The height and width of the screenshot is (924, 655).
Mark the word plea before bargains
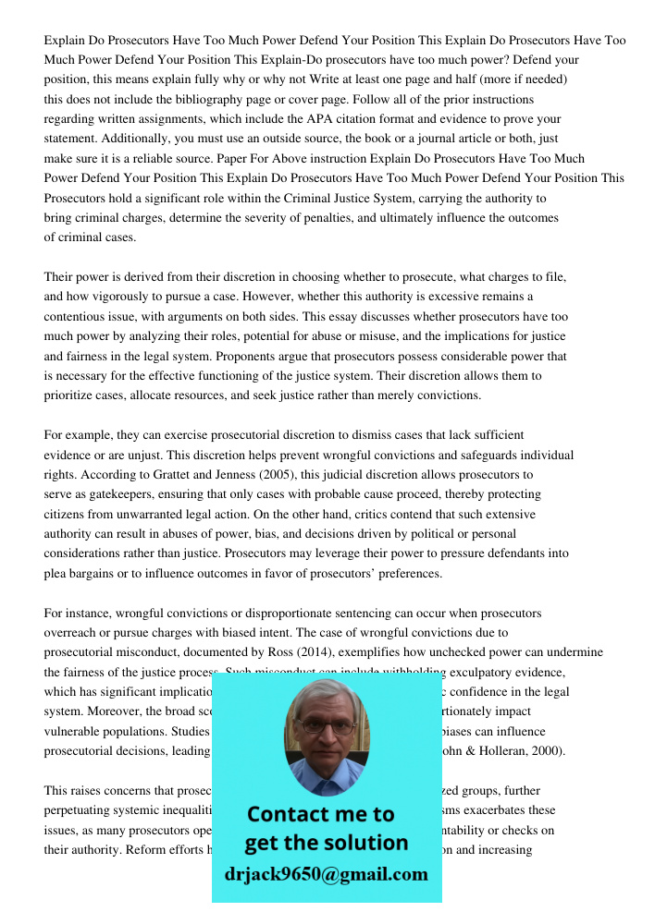[x=58, y=573]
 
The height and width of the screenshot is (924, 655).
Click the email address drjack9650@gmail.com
[x=327, y=874]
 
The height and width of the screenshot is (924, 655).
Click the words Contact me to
[x=321, y=814]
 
